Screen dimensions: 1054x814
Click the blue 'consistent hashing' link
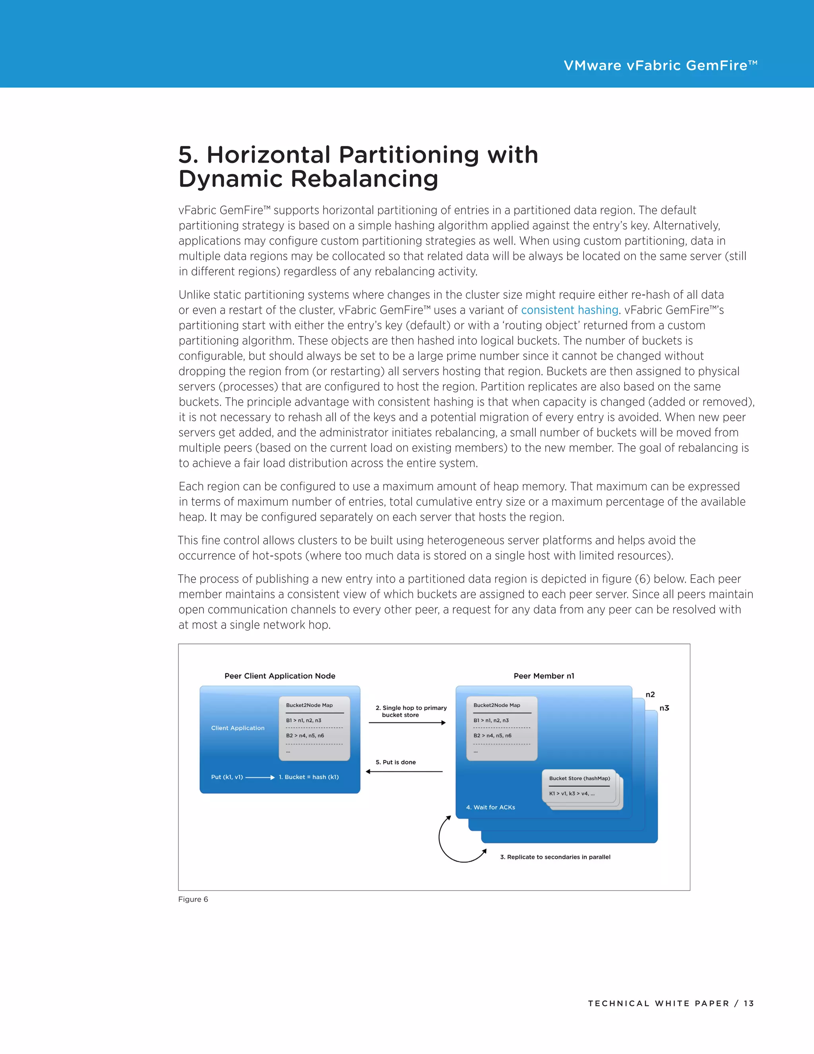(x=569, y=310)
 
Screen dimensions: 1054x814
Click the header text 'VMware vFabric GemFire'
(x=660, y=66)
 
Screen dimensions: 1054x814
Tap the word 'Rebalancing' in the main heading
(x=364, y=179)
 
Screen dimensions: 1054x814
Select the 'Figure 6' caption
(x=193, y=899)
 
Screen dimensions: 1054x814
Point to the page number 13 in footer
(x=748, y=1003)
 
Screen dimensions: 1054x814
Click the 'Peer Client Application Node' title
(x=280, y=676)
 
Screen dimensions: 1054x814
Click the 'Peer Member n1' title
(x=543, y=676)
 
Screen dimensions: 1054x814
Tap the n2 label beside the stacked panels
(x=650, y=694)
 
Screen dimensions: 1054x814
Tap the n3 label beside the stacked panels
(x=664, y=708)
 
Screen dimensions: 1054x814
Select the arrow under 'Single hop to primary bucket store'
(x=407, y=722)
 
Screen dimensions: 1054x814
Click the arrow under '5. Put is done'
(x=404, y=772)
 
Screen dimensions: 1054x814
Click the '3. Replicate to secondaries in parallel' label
(x=555, y=857)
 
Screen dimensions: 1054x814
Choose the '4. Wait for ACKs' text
(x=490, y=807)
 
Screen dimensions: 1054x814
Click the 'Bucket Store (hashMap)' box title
(x=579, y=778)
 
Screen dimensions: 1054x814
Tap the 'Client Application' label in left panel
(x=238, y=728)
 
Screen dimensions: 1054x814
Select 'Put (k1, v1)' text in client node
(x=227, y=777)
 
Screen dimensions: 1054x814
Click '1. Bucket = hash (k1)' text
(x=308, y=777)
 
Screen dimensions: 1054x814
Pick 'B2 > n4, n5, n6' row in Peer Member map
(x=492, y=735)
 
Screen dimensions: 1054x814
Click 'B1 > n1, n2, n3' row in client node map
(x=303, y=720)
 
